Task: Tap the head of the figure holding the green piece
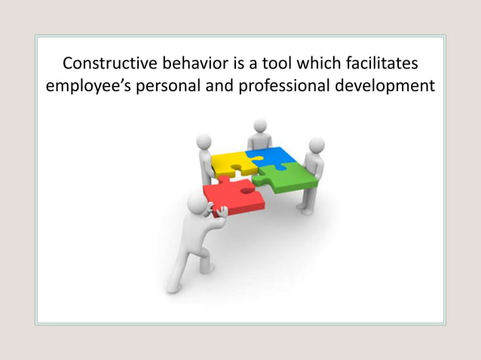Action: [x=317, y=145]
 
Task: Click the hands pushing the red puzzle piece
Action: [x=219, y=212]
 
